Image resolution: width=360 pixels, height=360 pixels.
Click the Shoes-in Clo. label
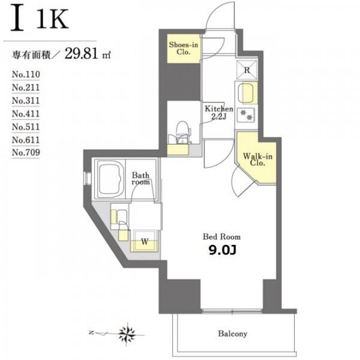183,48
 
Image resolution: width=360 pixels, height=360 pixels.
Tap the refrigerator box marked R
247,70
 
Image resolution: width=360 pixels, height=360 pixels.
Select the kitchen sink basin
245,93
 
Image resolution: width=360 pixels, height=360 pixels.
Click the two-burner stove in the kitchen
246,115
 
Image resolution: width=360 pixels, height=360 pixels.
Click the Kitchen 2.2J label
218,112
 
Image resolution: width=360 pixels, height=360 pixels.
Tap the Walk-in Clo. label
257,160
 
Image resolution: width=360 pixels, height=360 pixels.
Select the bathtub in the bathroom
110,178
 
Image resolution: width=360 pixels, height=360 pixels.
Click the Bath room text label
140,179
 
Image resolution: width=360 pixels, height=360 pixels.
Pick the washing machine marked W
145,241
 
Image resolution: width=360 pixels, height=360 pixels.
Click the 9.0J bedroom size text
222,250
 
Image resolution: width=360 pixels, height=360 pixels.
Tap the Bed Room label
221,237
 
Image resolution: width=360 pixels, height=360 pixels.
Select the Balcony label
233,334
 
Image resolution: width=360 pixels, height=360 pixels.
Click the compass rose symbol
127,334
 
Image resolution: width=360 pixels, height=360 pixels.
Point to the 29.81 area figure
82,53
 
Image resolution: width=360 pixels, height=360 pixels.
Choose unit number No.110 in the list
26,74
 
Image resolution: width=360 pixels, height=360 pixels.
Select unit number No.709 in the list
26,152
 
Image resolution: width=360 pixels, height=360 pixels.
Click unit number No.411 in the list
26,113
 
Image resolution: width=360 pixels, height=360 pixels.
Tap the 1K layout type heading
53,19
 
